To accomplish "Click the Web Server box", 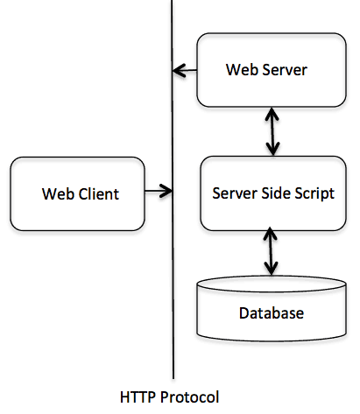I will pyautogui.click(x=266, y=69).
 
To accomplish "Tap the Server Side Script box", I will pyautogui.click(x=273, y=193).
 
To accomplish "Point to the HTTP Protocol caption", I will pyautogui.click(x=170, y=396).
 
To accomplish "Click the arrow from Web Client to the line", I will pyautogui.click(x=158, y=190).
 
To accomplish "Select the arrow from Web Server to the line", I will pyautogui.click(x=185, y=69).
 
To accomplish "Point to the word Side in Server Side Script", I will pyautogui.click(x=275, y=193).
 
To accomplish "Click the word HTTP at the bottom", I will pyautogui.click(x=138, y=396).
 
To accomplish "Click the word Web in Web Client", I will pyautogui.click(x=56, y=193).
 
